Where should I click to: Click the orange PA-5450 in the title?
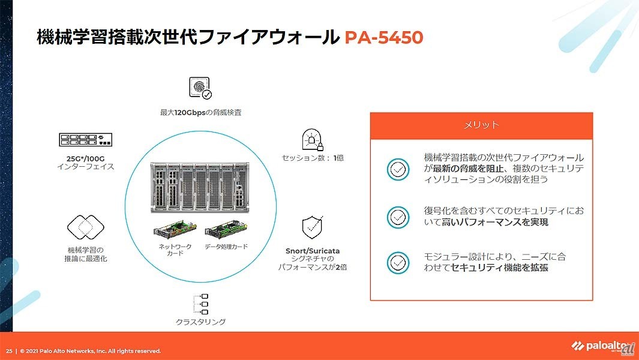384,38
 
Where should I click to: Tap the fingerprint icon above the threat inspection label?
200,88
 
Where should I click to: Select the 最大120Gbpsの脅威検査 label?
200,112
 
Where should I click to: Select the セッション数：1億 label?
313,158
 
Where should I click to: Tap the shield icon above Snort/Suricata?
313,227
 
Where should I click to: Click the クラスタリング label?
200,322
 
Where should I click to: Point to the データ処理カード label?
226,247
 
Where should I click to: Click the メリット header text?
481,125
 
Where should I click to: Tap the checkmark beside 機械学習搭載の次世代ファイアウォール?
398,169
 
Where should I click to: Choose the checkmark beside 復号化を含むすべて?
398,217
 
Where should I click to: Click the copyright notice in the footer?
90,351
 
